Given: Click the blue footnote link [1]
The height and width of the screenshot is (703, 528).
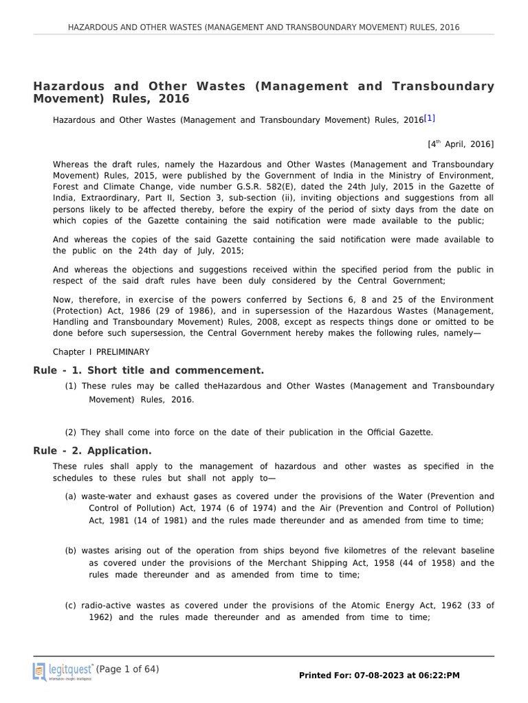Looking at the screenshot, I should pos(430,118).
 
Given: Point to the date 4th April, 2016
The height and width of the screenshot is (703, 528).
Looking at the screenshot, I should pos(460,144).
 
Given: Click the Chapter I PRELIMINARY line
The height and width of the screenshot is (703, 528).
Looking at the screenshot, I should pos(101,352).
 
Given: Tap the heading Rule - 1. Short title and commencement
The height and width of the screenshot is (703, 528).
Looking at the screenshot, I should pos(148,371).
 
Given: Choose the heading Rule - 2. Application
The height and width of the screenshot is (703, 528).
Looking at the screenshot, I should pos(92,451).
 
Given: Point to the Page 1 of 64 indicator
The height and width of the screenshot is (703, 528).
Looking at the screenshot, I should pos(127,669).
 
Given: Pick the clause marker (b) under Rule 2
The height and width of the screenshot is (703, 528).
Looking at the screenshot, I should pos(71,551).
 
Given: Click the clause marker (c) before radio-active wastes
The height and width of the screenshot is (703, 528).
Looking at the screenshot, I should pos(71,605).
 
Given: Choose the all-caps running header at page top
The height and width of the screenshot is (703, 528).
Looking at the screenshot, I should pos(264,27).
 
